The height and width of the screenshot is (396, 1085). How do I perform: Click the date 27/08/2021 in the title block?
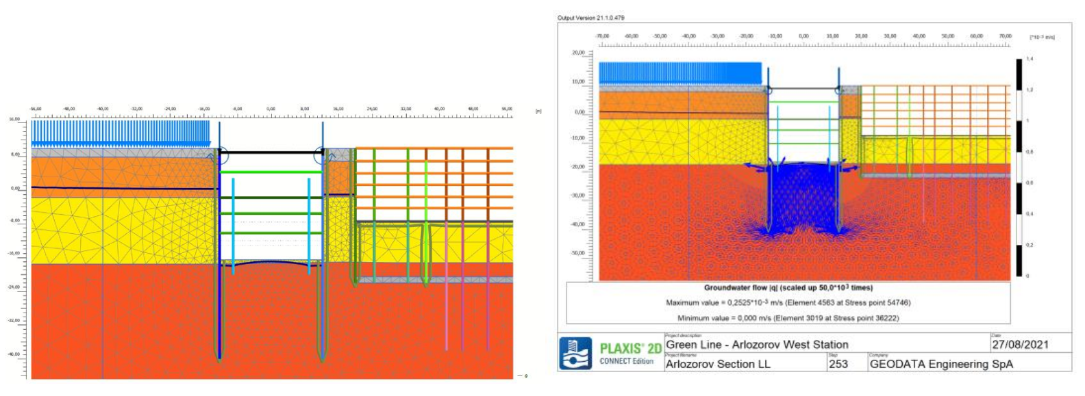click(x=1020, y=345)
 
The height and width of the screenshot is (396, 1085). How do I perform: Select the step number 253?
click(x=838, y=365)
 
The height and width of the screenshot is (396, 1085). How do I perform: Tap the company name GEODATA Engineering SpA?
click(x=940, y=365)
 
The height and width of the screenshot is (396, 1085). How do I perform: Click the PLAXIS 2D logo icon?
click(x=575, y=354)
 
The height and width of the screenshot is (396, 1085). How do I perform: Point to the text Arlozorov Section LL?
click(x=718, y=365)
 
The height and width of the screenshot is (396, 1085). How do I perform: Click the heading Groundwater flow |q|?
click(x=788, y=288)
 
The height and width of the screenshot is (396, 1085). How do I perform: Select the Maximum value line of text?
click(x=788, y=302)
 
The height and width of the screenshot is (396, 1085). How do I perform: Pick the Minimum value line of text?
click(x=788, y=318)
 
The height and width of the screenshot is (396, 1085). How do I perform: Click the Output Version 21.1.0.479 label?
click(x=590, y=18)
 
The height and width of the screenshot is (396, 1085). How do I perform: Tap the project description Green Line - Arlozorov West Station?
click(x=757, y=345)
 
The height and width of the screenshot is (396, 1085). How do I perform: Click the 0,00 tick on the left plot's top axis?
click(x=271, y=109)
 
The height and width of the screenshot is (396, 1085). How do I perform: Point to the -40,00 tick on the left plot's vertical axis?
click(x=14, y=354)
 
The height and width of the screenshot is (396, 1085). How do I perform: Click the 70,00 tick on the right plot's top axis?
click(x=1005, y=36)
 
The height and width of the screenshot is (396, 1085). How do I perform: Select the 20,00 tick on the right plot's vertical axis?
click(x=578, y=53)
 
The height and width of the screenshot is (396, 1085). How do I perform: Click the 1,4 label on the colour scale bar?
click(x=1030, y=59)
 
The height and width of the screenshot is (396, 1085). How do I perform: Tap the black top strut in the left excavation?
click(x=271, y=153)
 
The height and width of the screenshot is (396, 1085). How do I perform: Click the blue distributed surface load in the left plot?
click(x=121, y=133)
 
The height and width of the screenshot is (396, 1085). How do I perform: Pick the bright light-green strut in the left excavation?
click(x=271, y=172)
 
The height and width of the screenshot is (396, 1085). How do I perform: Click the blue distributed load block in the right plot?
click(x=680, y=73)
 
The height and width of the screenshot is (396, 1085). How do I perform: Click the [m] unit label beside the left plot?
click(x=538, y=111)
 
